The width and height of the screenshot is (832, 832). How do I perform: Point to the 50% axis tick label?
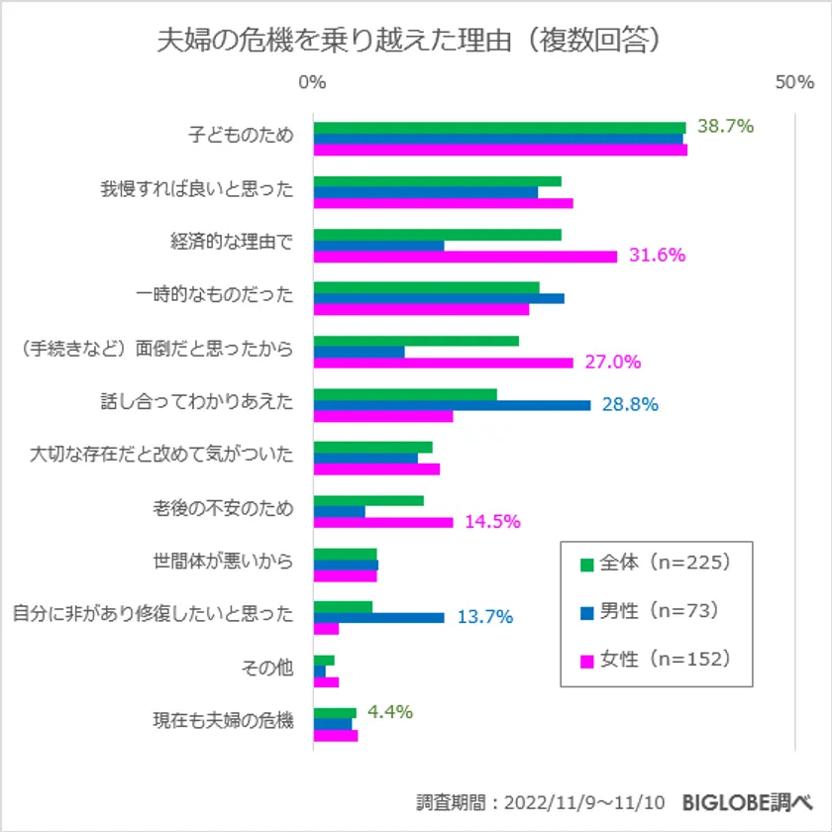click(794, 83)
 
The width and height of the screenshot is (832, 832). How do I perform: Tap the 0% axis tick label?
click(312, 83)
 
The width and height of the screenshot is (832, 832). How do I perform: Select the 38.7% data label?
click(726, 126)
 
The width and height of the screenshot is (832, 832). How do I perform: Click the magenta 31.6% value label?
click(657, 256)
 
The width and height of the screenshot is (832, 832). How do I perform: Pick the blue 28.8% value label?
click(630, 404)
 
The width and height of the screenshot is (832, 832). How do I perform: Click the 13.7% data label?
click(484, 617)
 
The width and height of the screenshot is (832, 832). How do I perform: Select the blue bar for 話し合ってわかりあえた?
click(452, 404)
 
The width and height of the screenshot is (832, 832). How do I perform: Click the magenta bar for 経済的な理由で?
click(465, 257)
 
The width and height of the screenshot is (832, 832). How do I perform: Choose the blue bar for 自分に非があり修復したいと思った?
click(378, 617)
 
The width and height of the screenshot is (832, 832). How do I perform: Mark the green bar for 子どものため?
click(499, 127)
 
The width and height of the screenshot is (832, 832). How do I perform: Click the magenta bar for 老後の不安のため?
click(383, 522)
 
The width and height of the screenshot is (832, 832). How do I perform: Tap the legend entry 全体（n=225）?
click(655, 564)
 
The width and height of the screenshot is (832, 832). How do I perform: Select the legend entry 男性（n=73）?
click(650, 611)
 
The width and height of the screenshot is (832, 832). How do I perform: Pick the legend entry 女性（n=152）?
click(655, 659)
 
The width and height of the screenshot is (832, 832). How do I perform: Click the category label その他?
click(267, 669)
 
